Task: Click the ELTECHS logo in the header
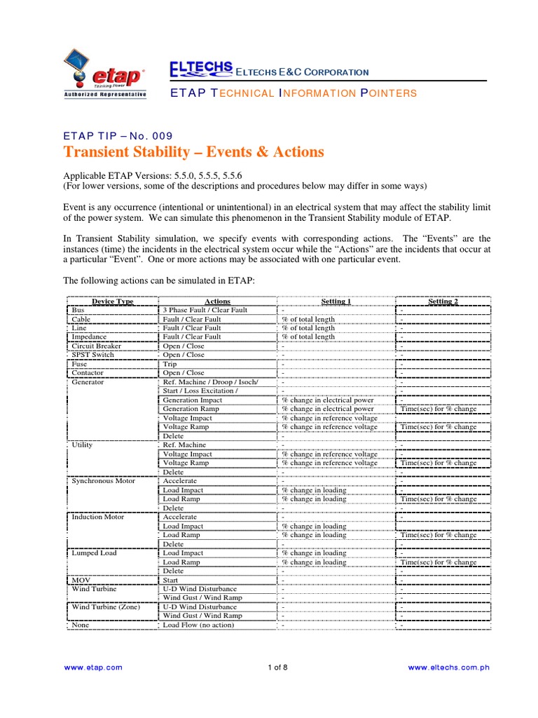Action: (200, 68)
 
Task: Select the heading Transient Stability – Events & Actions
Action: (193, 152)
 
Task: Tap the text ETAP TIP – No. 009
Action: (118, 135)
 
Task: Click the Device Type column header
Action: (113, 302)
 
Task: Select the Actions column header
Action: (217, 302)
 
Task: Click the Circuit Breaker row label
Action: (97, 346)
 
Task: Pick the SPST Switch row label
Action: (92, 355)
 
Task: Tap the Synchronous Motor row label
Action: (104, 481)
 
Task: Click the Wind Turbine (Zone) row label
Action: (106, 607)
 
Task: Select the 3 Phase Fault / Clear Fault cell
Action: (205, 310)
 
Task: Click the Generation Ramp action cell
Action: (191, 409)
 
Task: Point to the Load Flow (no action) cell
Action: (198, 625)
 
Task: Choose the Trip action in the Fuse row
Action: (170, 364)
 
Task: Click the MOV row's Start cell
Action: (171, 580)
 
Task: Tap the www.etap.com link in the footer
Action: (93, 668)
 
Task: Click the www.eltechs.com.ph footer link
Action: (448, 668)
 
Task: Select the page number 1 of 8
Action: (278, 668)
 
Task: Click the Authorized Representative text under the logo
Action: (105, 93)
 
